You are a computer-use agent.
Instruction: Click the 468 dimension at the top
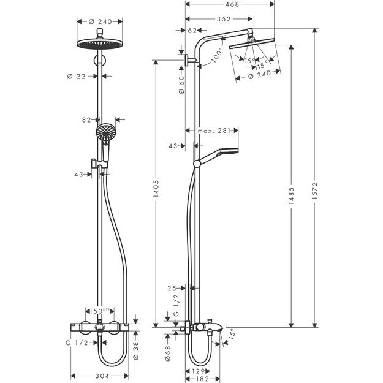(x=232, y=4)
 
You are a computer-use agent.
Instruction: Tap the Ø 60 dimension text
(x=181, y=84)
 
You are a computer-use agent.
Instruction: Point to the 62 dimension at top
(x=192, y=30)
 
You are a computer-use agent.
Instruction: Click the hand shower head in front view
(x=105, y=133)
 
